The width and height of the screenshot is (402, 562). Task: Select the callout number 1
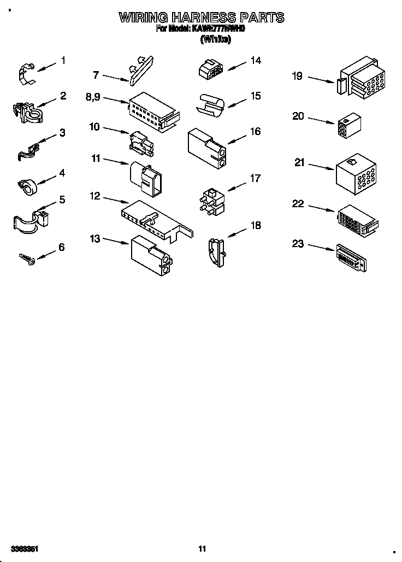63,61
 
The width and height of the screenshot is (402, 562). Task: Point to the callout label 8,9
94,97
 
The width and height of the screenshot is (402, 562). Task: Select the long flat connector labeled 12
156,219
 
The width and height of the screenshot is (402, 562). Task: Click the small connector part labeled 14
209,68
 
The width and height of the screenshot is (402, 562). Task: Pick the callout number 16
255,131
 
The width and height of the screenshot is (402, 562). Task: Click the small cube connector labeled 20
349,125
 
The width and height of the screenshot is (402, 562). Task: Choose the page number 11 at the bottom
202,548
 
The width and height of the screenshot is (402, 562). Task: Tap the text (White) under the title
216,39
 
